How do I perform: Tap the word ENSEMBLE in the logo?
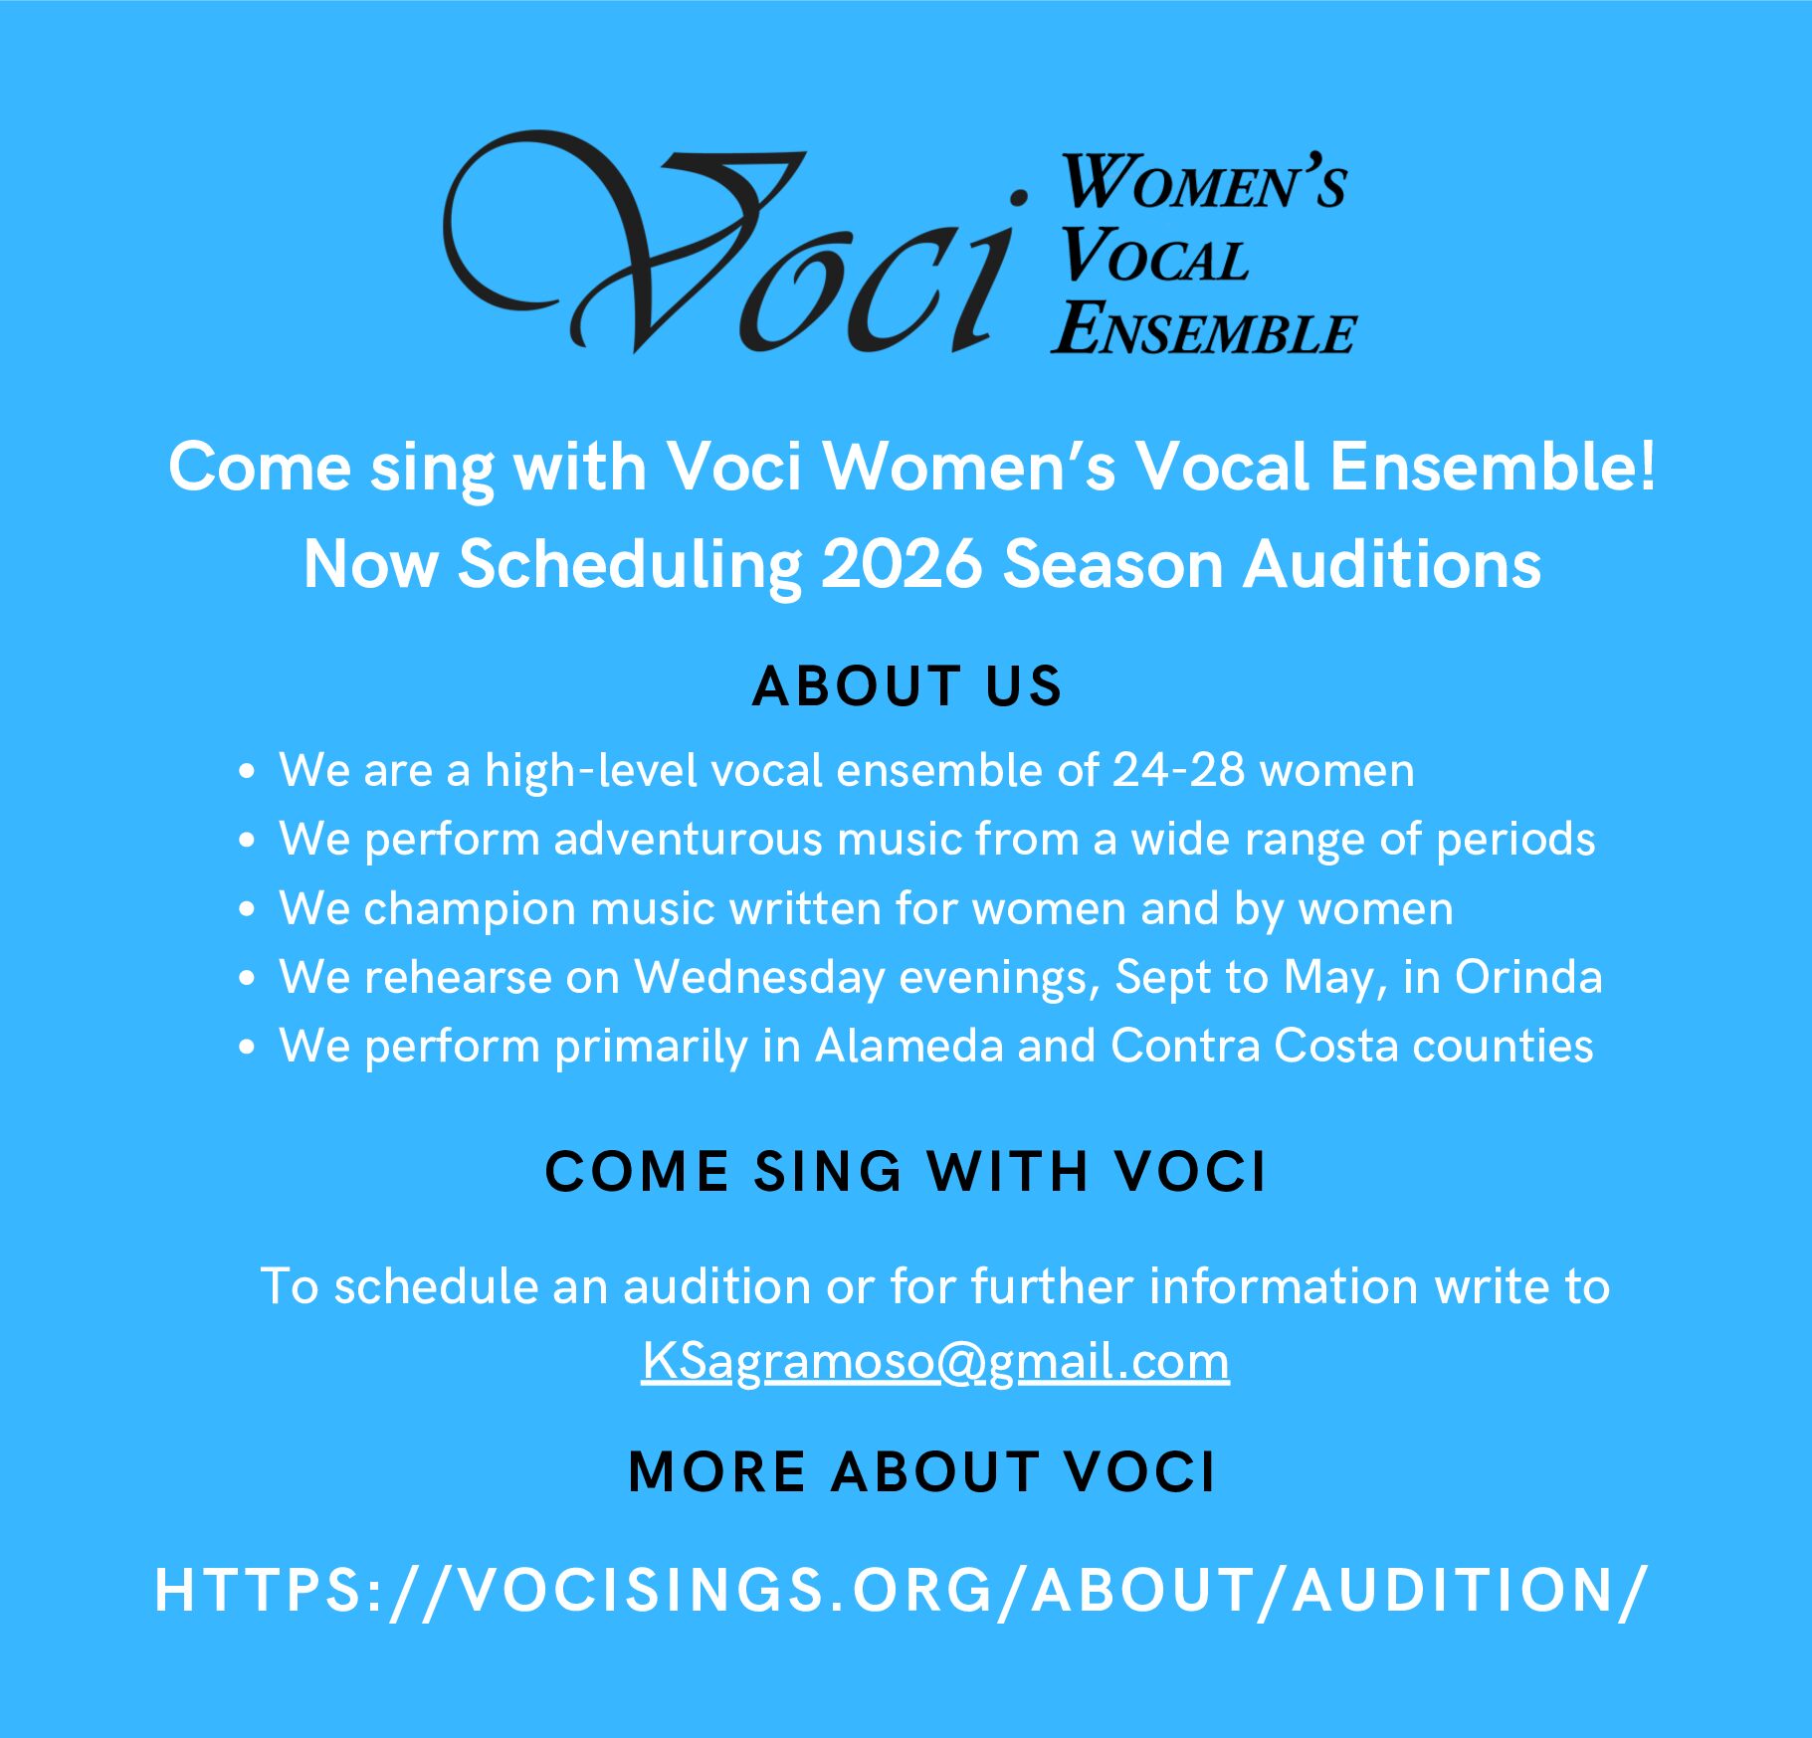[x=1204, y=328]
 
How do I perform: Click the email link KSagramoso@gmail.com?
[x=935, y=1361]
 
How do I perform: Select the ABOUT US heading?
[x=907, y=686]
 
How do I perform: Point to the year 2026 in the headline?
[x=903, y=564]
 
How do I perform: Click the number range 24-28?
[x=1178, y=770]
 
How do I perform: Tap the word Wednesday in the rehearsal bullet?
[x=760, y=978]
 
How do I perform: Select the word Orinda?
[x=1528, y=977]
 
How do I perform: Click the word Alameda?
[x=909, y=1047]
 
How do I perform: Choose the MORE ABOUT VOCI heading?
[x=922, y=1472]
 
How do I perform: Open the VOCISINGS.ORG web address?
[x=902, y=1591]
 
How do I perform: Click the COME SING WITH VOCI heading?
[x=906, y=1171]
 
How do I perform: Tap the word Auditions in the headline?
[x=1392, y=564]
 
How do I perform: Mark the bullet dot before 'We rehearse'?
[x=247, y=978]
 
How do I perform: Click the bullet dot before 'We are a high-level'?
[x=247, y=771]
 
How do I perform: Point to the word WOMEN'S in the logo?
[x=1204, y=182]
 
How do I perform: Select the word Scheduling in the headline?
[x=630, y=565]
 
